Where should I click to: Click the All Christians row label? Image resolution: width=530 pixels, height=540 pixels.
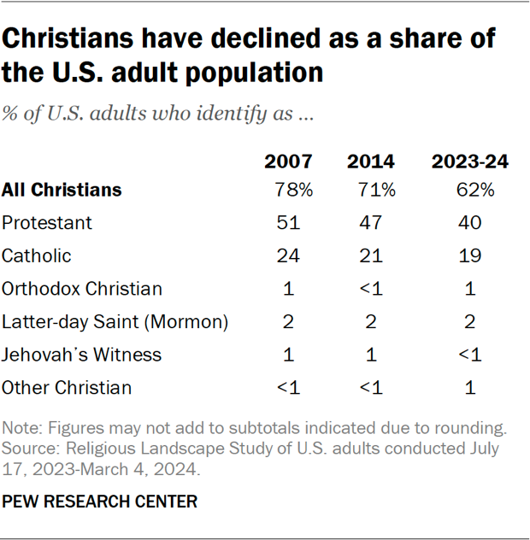[x=62, y=190]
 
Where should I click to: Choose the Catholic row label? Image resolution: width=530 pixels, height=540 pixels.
[x=36, y=255]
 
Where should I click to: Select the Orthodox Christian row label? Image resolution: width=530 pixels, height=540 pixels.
[x=81, y=289]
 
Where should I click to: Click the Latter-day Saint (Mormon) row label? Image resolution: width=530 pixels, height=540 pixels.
[x=115, y=322]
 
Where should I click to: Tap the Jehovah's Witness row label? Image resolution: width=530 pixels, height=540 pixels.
[x=81, y=355]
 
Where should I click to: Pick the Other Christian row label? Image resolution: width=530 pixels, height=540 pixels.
[x=67, y=388]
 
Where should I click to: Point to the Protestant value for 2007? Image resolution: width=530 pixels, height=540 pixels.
[x=288, y=223]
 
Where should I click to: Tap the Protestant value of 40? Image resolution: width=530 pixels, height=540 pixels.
[x=469, y=223]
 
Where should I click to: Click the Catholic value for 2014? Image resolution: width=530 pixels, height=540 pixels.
[x=370, y=255]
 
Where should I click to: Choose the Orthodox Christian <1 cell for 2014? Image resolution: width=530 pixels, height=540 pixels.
[x=370, y=289]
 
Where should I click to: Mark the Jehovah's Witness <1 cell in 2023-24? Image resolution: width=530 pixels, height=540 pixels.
[x=469, y=355]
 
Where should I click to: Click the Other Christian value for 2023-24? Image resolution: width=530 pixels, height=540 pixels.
[x=469, y=388]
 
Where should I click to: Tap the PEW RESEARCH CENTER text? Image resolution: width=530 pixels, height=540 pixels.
[x=99, y=502]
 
